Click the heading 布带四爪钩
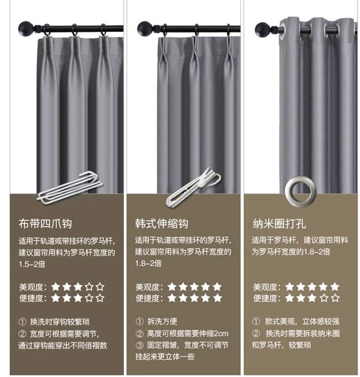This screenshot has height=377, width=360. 45,224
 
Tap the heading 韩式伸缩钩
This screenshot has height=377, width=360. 161,224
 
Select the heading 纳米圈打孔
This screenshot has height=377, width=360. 279,224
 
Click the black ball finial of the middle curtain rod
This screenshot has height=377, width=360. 144,28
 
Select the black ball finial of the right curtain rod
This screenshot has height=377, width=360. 262,28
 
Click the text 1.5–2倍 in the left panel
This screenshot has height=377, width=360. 32,264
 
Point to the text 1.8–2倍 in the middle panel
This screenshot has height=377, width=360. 148,263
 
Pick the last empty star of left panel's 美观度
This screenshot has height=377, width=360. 100,287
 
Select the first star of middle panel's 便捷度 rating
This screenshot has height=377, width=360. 172,298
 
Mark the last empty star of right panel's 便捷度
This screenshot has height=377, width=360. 335,298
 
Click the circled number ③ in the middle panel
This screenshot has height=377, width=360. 139,345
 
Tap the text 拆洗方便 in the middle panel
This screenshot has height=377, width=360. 162,321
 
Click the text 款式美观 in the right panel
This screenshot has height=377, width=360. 280,321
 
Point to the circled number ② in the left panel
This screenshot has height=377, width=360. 23,334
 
